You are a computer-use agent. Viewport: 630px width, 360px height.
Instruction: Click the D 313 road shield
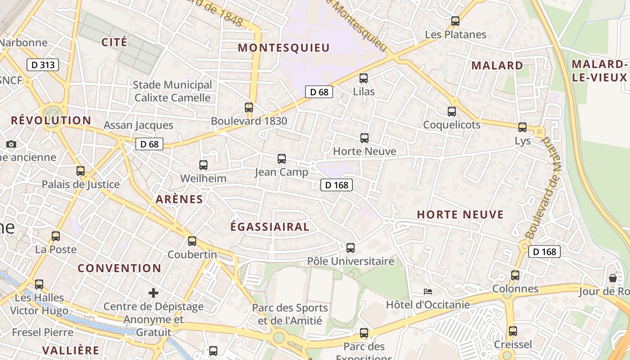pyautogui.click(x=43, y=65)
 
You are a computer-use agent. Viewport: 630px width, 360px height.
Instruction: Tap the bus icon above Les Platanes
pyautogui.click(x=455, y=21)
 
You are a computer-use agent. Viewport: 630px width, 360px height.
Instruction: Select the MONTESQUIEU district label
pyautogui.click(x=284, y=48)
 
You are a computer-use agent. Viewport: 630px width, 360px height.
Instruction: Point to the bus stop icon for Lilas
pyautogui.click(x=364, y=78)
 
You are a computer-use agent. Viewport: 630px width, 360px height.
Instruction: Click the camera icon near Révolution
pyautogui.click(x=11, y=144)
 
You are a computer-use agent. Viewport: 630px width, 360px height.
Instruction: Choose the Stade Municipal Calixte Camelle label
pyautogui.click(x=172, y=91)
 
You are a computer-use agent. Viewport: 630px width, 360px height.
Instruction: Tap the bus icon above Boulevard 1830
pyautogui.click(x=249, y=108)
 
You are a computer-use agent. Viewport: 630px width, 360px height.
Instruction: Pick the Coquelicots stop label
pyautogui.click(x=452, y=125)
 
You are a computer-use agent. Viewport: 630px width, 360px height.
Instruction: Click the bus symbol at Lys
pyautogui.click(x=522, y=127)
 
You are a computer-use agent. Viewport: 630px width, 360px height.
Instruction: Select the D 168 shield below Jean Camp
pyautogui.click(x=337, y=185)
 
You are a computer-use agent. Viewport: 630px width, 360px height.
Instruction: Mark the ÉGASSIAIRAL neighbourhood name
pyautogui.click(x=270, y=227)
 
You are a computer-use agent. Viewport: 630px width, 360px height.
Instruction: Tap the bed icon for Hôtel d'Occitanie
pyautogui.click(x=428, y=292)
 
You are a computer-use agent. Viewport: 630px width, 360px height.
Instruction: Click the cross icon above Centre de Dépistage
pyautogui.click(x=153, y=293)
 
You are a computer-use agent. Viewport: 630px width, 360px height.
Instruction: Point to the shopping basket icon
pyautogui.click(x=612, y=278)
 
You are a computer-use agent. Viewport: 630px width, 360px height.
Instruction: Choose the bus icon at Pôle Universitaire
pyautogui.click(x=351, y=247)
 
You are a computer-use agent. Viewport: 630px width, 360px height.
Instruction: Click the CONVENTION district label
pyautogui.click(x=119, y=268)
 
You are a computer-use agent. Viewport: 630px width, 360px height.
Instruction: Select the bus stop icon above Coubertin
pyautogui.click(x=192, y=241)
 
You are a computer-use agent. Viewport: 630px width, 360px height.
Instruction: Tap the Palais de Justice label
pyautogui.click(x=81, y=184)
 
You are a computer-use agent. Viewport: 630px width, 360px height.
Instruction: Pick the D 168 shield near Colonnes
pyautogui.click(x=544, y=252)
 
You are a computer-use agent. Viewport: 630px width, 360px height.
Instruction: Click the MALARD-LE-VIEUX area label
pyautogui.click(x=599, y=71)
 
